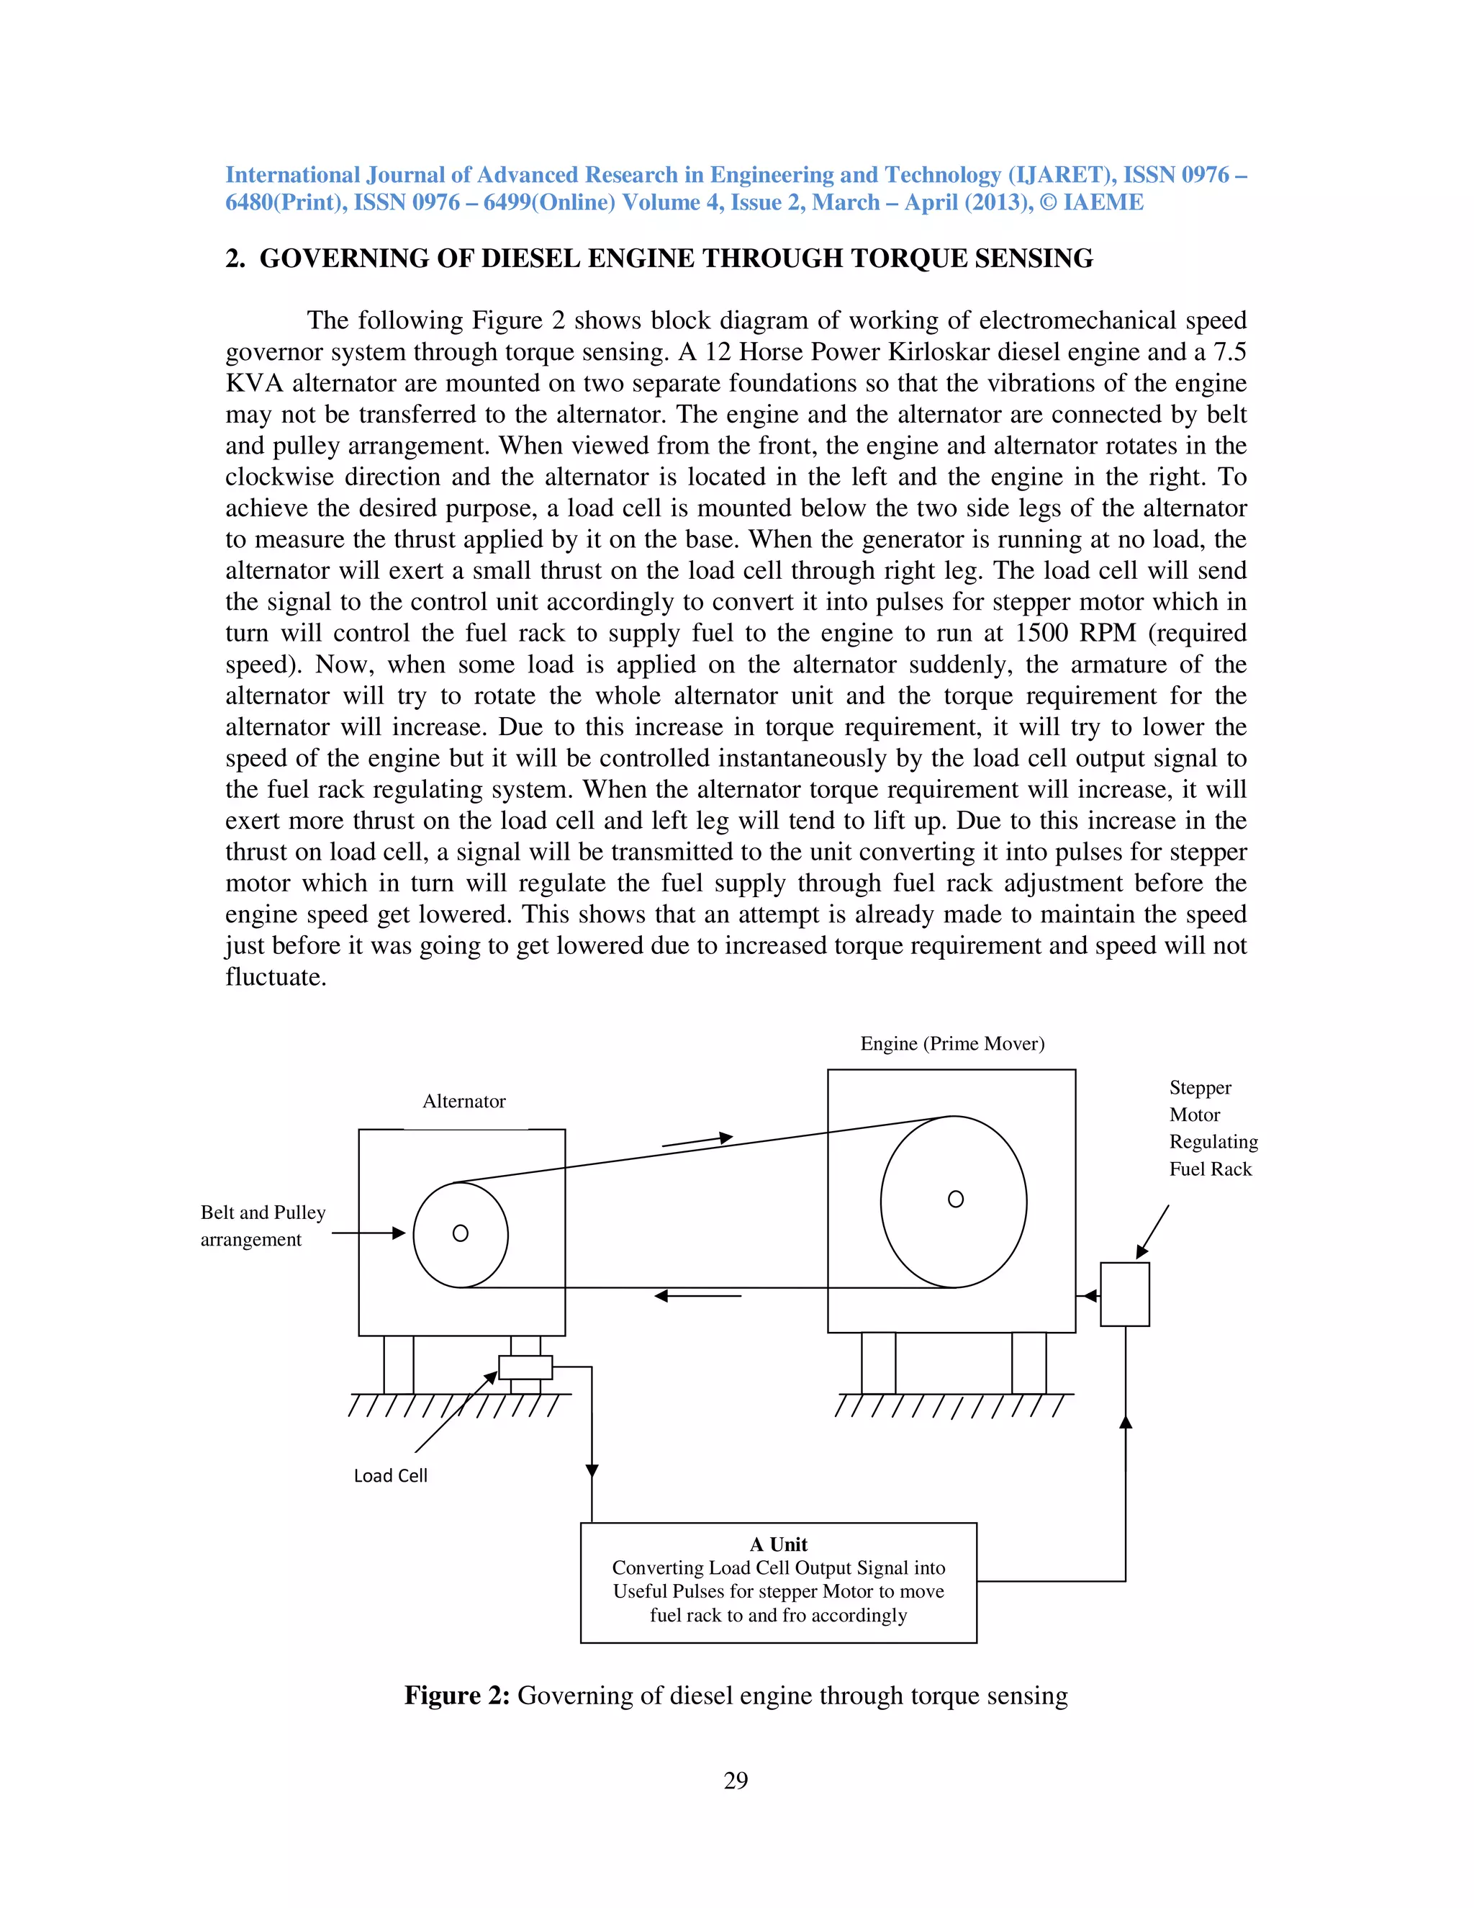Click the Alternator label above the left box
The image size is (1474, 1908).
(x=464, y=1102)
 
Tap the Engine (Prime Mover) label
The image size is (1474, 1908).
(x=951, y=1044)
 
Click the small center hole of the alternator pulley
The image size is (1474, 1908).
(x=460, y=1233)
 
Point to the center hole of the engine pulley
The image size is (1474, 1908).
(x=955, y=1200)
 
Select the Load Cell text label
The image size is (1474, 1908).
(x=390, y=1475)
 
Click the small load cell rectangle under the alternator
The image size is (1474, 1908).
(x=525, y=1367)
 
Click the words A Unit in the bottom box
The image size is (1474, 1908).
(x=778, y=1544)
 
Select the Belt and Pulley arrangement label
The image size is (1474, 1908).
(x=262, y=1225)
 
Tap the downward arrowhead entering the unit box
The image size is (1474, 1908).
(x=592, y=1470)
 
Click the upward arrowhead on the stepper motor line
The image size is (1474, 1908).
(x=1126, y=1422)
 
